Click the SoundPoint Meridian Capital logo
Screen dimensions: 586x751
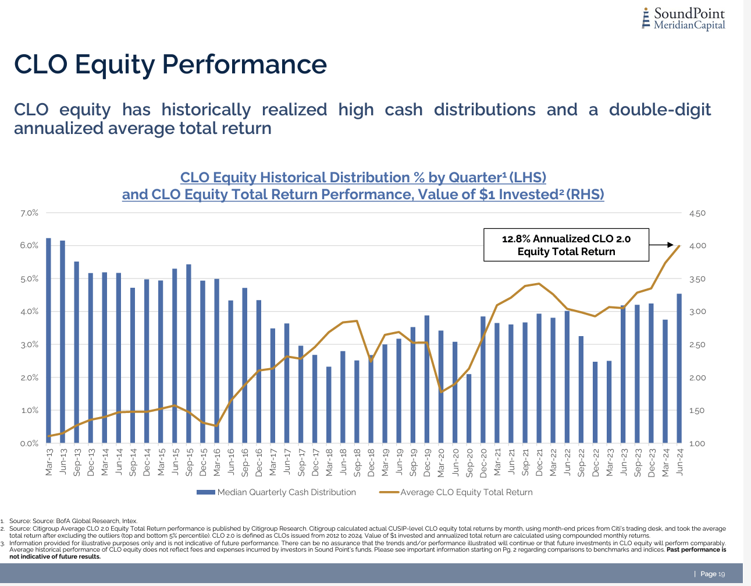click(x=684, y=19)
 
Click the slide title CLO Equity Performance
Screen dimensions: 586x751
click(x=170, y=64)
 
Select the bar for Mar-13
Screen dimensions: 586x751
click(x=48, y=341)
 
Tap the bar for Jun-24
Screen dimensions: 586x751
click(x=679, y=368)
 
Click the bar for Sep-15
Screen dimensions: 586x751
click(x=188, y=354)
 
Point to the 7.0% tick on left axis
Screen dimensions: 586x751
click(x=29, y=213)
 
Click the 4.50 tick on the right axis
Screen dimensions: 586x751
click(x=697, y=213)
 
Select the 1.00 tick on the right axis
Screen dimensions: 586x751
click(x=697, y=444)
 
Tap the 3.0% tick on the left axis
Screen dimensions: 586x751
click(x=29, y=345)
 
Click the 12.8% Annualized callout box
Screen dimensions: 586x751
click(x=566, y=245)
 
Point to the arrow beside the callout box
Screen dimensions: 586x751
click(x=661, y=245)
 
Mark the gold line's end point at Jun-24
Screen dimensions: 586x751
click(x=679, y=246)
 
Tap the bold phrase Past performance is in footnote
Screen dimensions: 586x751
click(x=696, y=550)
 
